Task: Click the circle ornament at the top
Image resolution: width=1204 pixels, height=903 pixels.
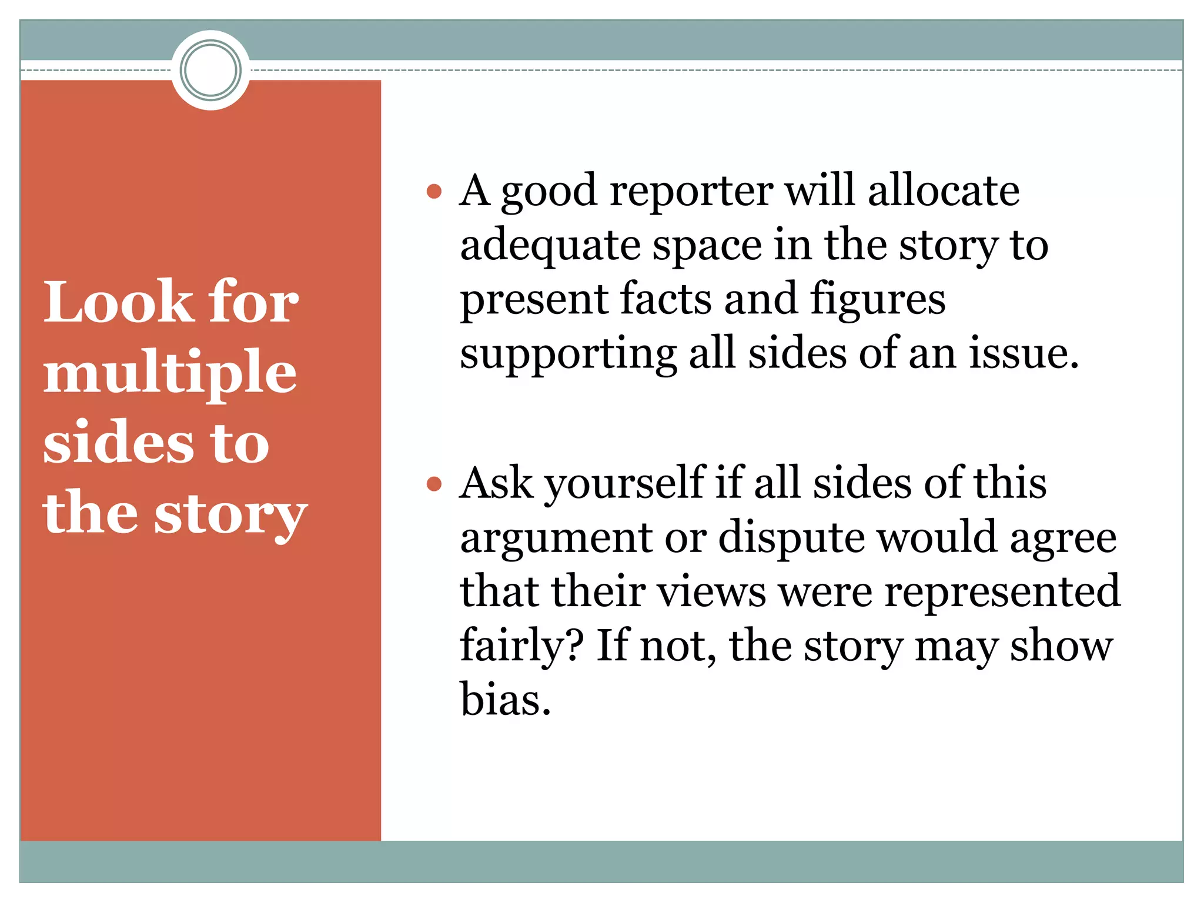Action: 210,70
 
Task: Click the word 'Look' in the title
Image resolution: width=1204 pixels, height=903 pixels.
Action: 118,302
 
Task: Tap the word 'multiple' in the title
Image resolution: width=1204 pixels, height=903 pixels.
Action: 170,373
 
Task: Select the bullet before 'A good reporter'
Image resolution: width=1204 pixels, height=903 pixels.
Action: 434,192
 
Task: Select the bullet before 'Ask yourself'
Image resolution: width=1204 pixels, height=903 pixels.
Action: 434,484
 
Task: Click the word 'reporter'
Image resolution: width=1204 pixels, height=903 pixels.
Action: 691,192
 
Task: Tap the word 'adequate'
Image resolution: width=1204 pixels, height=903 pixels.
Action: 550,246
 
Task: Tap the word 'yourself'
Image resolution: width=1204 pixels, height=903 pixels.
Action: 624,484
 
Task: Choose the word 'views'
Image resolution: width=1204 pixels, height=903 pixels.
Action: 712,591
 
